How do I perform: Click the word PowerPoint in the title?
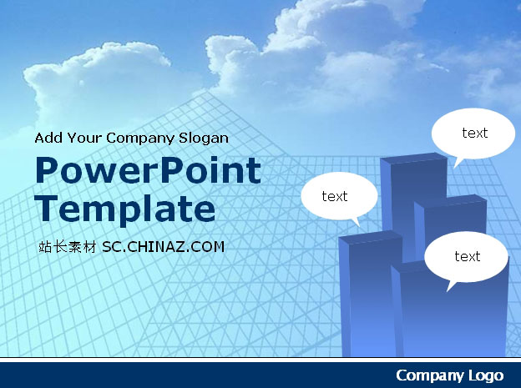pyautogui.click(x=148, y=170)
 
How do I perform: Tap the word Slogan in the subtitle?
pyautogui.click(x=204, y=139)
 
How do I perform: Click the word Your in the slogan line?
pyautogui.click(x=84, y=138)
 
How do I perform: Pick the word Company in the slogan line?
pyautogui.click(x=140, y=139)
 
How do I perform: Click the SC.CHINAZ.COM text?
pyautogui.click(x=163, y=247)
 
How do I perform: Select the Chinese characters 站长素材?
pyautogui.click(x=68, y=247)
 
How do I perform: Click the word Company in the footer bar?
pyautogui.click(x=430, y=375)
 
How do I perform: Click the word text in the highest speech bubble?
pyautogui.click(x=475, y=133)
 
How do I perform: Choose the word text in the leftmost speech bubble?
pyautogui.click(x=335, y=196)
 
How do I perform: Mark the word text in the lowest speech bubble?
pyautogui.click(x=468, y=256)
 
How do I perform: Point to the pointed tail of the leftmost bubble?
pyautogui.click(x=360, y=227)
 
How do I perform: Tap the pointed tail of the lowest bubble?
pyautogui.click(x=447, y=291)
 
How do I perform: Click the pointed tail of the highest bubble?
pyautogui.click(x=454, y=168)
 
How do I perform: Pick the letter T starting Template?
pyautogui.click(x=46, y=209)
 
